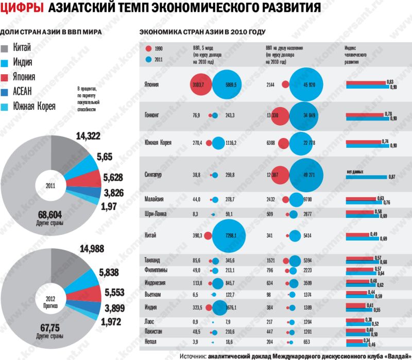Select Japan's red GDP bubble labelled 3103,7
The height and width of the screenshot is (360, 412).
(199, 84)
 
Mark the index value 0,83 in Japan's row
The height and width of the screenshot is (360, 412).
(390, 82)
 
